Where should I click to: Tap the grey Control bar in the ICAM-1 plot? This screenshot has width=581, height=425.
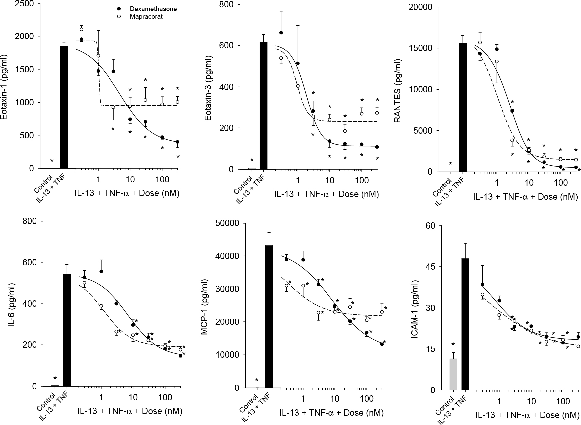[453, 374]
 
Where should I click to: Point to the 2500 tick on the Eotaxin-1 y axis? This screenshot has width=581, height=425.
[28, 4]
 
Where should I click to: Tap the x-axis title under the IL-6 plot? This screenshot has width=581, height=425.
[130, 412]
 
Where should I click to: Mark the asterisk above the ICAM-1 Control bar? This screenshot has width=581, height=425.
[453, 345]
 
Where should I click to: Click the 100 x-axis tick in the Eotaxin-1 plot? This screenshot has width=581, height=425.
[162, 179]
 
